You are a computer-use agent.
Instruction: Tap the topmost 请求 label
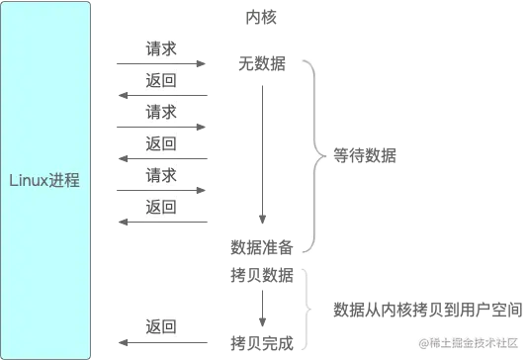point(161,47)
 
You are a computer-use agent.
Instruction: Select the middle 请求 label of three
point(161,111)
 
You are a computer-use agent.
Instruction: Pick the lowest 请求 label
point(161,175)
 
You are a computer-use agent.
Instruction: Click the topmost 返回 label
point(161,79)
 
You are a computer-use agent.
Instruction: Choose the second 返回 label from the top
point(161,143)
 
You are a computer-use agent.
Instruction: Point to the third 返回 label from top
point(161,207)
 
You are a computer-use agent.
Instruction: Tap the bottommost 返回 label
point(161,326)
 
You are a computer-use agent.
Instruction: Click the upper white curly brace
point(316,153)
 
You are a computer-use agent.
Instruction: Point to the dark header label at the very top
point(260,18)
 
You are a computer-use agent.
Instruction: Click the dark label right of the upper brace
point(364,154)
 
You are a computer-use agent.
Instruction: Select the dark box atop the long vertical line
point(265,64)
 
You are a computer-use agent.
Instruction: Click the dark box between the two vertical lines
point(262,259)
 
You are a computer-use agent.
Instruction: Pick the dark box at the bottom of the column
point(262,343)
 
